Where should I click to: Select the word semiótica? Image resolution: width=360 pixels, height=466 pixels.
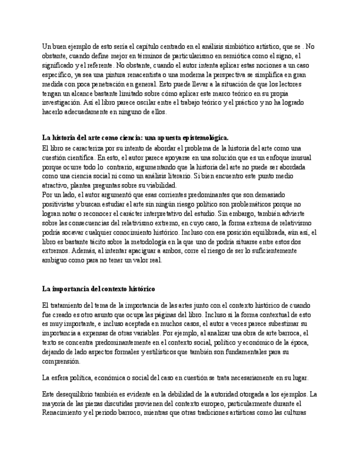pos(239,56)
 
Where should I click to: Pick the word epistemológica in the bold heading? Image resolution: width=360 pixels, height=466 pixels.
pos(201,137)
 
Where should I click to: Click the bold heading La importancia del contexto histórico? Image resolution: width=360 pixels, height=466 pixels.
pos(99,289)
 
